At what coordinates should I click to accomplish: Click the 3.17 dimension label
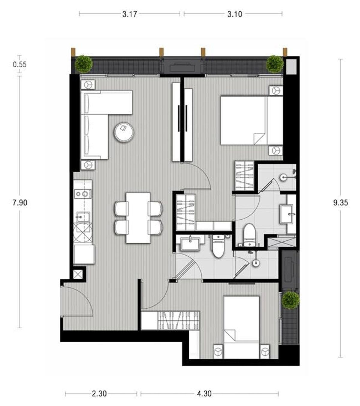coord(130,14)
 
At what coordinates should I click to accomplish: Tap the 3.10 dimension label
coord(235,14)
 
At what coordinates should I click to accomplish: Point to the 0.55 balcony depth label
coord(20,64)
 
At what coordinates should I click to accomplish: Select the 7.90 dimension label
coord(20,203)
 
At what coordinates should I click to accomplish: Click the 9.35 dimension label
coord(340,203)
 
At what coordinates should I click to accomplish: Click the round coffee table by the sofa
coord(124,132)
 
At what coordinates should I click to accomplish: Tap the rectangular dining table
coord(138,218)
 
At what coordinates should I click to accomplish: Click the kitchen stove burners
coord(83,194)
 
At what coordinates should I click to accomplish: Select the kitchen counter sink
coord(83,217)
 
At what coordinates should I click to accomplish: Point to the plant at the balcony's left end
coord(84,64)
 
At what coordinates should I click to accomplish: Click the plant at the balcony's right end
coord(275,64)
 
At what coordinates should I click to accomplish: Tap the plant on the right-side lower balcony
coord(291,301)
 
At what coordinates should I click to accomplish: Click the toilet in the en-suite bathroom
coord(249,235)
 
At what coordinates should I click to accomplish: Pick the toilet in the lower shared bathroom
coord(218,246)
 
